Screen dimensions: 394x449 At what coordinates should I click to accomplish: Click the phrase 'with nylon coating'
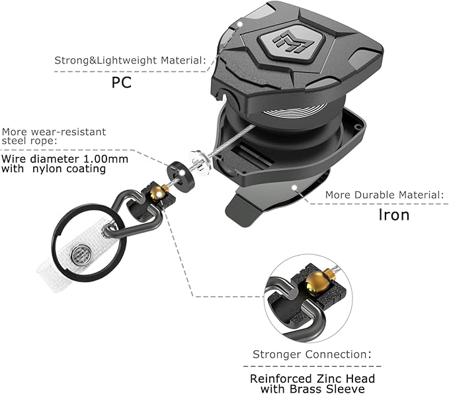tap(54, 169)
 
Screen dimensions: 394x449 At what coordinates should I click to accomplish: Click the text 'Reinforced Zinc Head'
tap(312, 378)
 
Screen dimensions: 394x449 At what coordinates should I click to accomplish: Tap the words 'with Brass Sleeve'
tap(312, 389)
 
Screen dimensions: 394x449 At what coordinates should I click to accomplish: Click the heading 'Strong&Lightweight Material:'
tap(130, 61)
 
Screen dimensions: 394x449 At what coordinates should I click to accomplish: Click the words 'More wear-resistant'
tap(54, 131)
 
